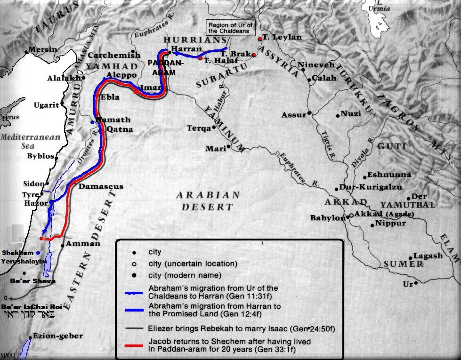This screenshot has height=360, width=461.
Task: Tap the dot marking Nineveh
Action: point(303,70)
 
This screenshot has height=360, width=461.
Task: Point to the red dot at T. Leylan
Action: point(259,38)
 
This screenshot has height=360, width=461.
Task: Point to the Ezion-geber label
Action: point(57,336)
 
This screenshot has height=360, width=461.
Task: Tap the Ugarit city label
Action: point(46,105)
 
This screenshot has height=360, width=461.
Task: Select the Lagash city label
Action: point(428,256)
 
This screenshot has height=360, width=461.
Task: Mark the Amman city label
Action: point(83,244)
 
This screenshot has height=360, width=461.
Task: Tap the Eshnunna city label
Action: point(389,174)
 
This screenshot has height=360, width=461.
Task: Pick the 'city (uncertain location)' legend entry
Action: point(192,264)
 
